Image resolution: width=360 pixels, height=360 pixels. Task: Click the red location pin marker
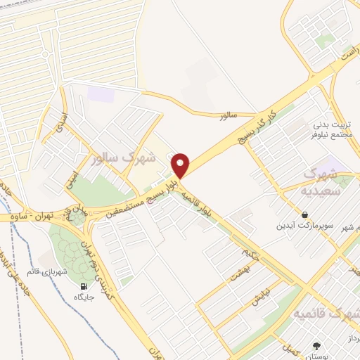click(x=181, y=165)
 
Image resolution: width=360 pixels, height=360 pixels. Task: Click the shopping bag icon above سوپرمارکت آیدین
click(x=304, y=214)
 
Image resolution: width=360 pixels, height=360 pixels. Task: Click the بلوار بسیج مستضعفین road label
click(x=137, y=199)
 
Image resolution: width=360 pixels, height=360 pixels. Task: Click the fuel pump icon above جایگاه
click(x=85, y=286)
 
